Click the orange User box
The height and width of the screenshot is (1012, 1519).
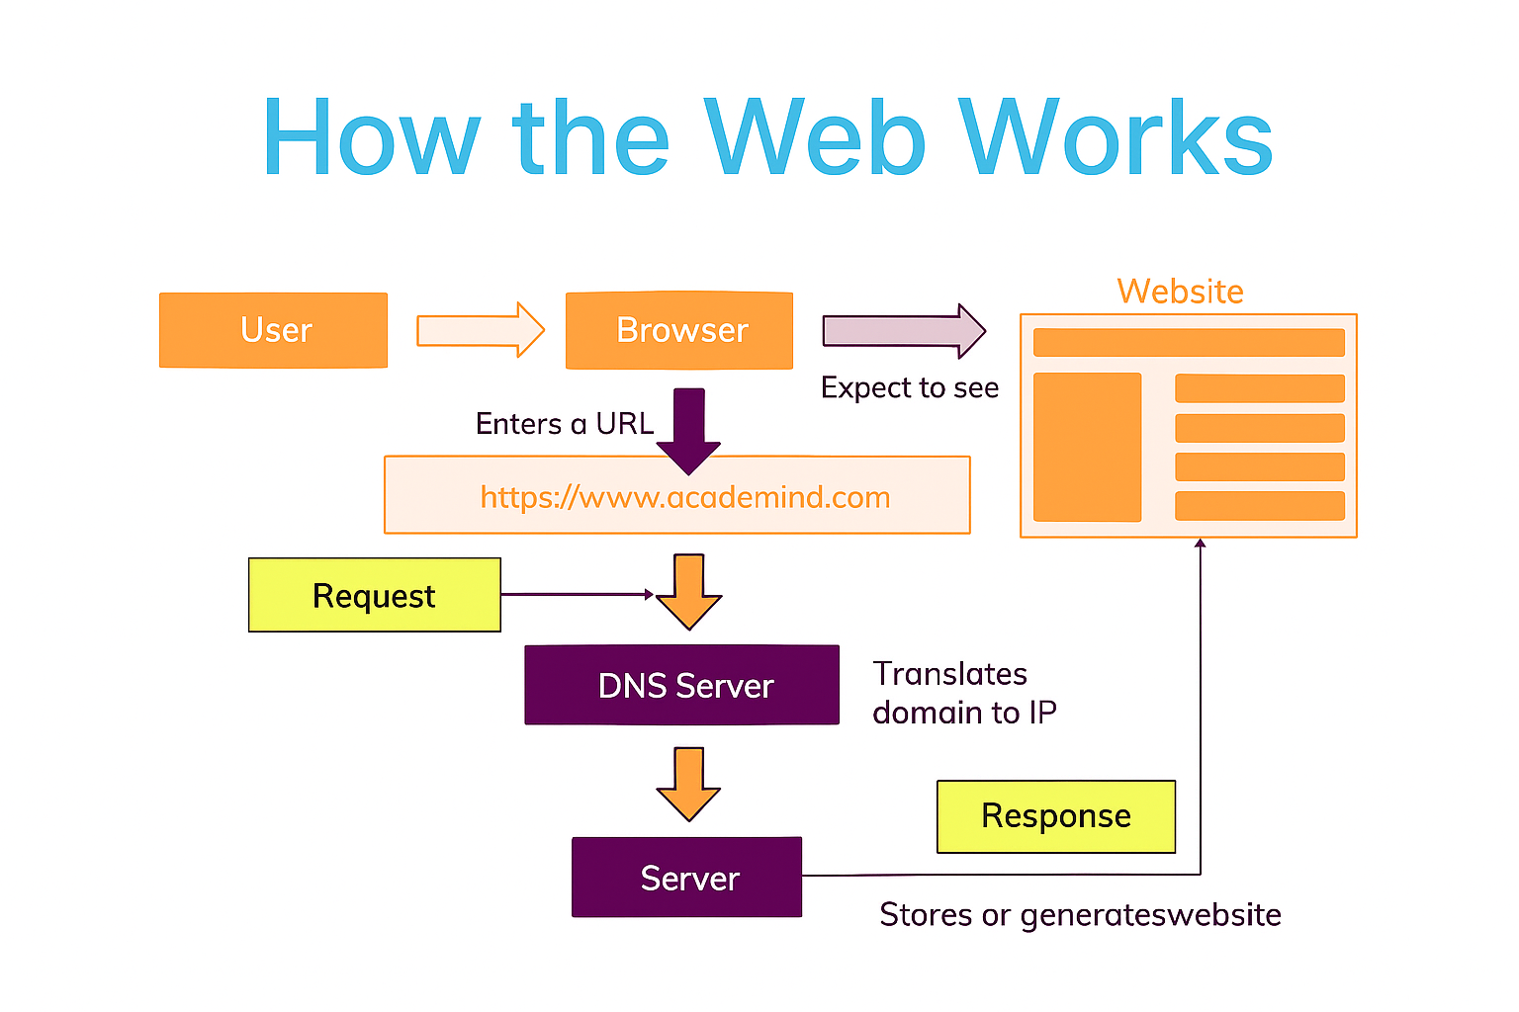273,330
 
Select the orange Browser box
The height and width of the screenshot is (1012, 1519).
679,330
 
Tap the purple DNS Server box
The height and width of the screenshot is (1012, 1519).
681,685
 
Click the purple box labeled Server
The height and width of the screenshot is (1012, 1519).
686,878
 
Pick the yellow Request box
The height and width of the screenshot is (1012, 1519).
374,595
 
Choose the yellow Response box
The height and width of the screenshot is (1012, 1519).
1055,816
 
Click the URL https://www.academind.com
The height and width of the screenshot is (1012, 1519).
684,496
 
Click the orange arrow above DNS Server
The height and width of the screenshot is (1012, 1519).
688,591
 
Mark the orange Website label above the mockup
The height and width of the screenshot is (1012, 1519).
1180,292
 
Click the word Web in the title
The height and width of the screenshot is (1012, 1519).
816,138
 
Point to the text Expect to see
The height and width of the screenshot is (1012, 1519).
910,387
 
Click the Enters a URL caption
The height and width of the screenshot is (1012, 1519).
565,423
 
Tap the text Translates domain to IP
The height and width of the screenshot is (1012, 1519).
964,693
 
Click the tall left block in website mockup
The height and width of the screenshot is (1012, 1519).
1087,447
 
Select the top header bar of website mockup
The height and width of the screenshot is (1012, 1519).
1189,342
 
